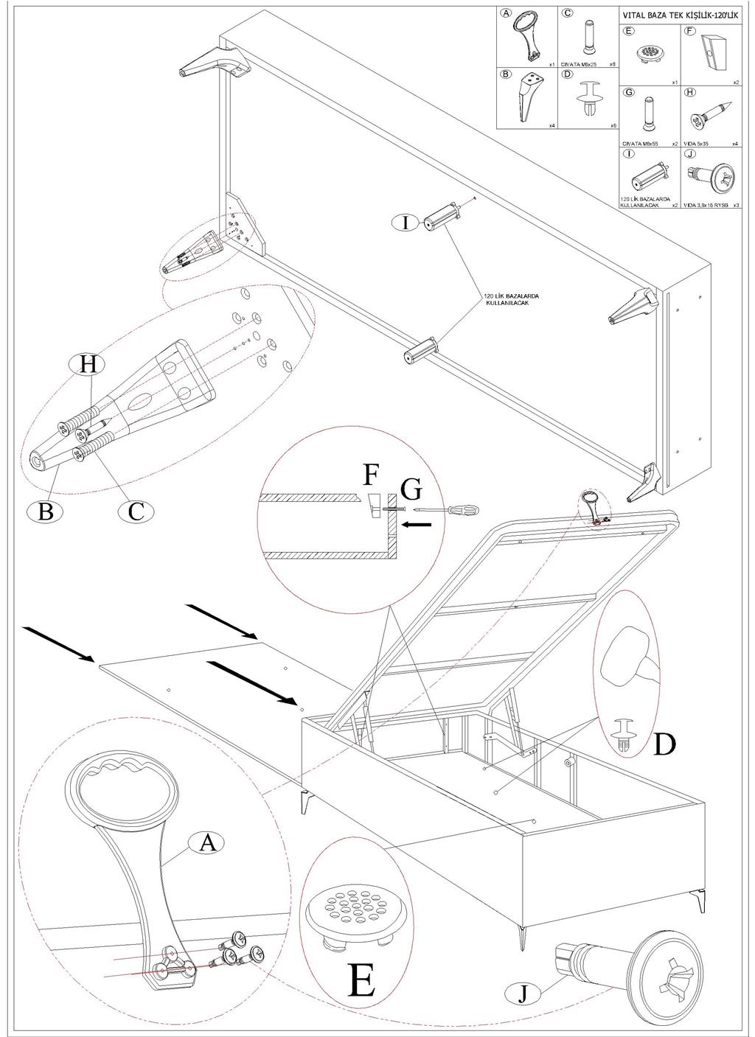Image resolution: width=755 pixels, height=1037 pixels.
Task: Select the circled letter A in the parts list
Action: pyautogui.click(x=507, y=13)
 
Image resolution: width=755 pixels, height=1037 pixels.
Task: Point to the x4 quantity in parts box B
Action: pyautogui.click(x=552, y=125)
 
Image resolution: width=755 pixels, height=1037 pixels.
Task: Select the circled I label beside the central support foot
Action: pyautogui.click(x=406, y=221)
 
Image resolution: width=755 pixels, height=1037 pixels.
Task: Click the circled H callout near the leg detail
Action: pyautogui.click(x=88, y=363)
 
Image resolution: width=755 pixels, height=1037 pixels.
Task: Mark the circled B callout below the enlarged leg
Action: pyautogui.click(x=46, y=511)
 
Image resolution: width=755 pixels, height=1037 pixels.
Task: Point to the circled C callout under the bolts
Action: pyautogui.click(x=136, y=511)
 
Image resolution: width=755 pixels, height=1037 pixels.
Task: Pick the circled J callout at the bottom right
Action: pyautogui.click(x=523, y=996)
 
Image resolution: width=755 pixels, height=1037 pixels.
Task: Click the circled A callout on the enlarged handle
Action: pyautogui.click(x=207, y=843)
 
